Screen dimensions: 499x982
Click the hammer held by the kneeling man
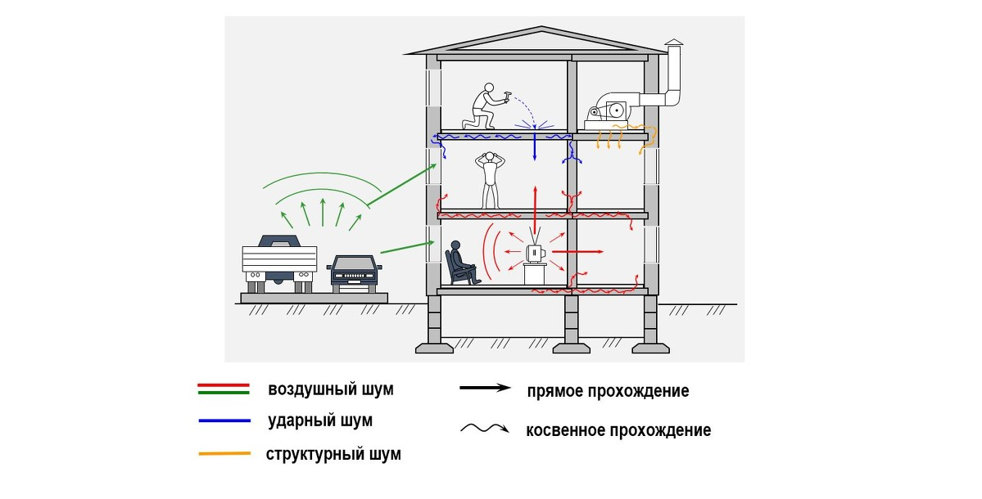point(509,96)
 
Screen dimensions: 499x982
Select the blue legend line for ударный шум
point(224,420)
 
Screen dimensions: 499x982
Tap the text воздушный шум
point(331,389)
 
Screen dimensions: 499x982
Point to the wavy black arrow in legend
point(485,429)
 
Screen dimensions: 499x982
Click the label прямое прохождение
point(608,391)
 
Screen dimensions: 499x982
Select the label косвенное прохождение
point(618,430)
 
